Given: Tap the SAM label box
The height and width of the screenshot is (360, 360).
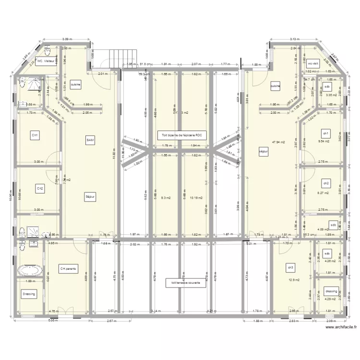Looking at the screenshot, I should [90, 140].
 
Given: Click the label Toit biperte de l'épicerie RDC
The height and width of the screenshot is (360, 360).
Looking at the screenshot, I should [182, 136].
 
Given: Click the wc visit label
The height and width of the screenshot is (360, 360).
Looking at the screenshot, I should [313, 63].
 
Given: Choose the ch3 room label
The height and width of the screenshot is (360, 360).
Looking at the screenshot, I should [290, 267].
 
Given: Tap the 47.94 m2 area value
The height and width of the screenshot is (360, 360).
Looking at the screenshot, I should [278, 142].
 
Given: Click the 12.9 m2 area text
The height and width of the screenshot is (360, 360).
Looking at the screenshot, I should [294, 280].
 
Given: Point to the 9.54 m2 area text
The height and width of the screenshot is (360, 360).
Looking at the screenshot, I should [324, 142].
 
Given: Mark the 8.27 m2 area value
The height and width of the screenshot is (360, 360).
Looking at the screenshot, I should [324, 193].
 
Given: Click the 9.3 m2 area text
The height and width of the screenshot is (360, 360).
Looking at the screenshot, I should [166, 197].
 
